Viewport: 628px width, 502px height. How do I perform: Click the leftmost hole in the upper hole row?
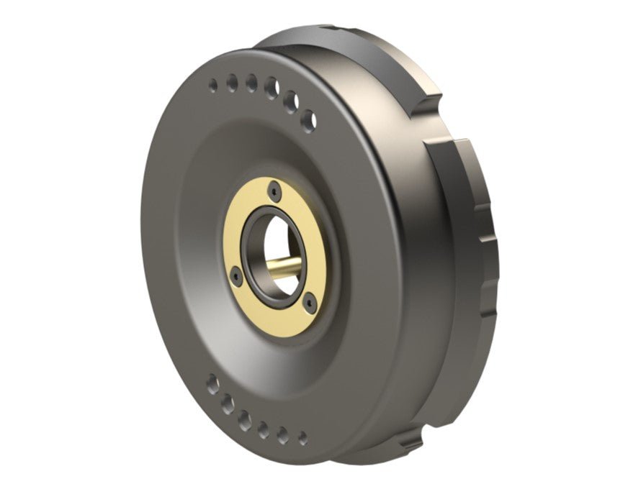pyautogui.click(x=212, y=86)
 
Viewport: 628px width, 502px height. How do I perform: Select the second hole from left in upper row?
pyautogui.click(x=232, y=83)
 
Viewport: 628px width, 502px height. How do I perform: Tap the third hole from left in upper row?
pyautogui.click(x=251, y=83)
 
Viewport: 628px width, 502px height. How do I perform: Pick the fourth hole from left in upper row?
pyautogui.click(x=272, y=88)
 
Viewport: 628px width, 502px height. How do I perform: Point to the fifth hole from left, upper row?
pyautogui.click(x=290, y=101)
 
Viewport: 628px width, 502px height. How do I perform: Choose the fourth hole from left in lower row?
pyautogui.click(x=264, y=429)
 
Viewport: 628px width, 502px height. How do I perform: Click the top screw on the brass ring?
pyautogui.click(x=274, y=191)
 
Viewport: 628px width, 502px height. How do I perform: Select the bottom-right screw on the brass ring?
pyautogui.click(x=308, y=303)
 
